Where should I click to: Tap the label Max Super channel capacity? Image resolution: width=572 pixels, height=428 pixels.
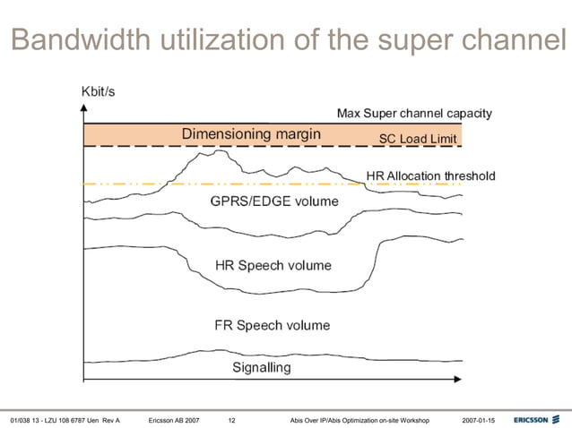pos(414,114)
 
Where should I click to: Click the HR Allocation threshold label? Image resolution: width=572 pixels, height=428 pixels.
pos(430,175)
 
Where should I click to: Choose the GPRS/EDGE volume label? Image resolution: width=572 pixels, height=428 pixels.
pos(273,201)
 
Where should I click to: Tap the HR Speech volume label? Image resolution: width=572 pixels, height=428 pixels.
pos(273,265)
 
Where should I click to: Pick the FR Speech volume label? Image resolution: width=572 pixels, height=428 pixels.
pos(273,325)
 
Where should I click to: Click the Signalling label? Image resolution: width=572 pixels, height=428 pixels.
pos(262,367)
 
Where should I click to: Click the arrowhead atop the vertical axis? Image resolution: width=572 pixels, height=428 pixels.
pos(83,108)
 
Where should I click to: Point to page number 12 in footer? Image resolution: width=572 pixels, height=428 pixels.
pos(232,420)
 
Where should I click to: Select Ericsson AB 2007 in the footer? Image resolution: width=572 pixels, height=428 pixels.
pos(174,420)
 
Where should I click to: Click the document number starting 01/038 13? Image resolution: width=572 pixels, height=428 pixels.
pos(65,420)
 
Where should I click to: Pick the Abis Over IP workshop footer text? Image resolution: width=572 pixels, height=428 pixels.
pos(360,420)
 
